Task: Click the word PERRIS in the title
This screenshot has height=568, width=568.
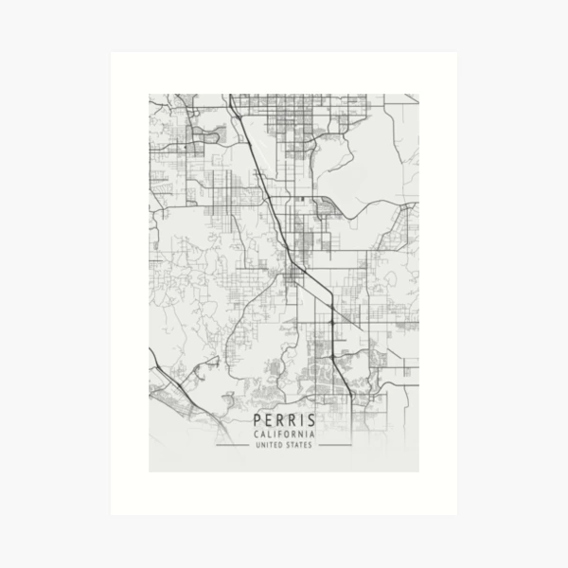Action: [284, 420]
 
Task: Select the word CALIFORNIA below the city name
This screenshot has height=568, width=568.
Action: [284, 435]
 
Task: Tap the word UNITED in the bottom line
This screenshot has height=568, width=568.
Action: [271, 445]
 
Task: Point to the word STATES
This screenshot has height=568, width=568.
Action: [299, 445]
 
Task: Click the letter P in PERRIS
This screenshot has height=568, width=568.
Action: [257, 420]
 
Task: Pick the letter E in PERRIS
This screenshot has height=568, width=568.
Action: [268, 420]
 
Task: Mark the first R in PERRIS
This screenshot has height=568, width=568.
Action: [279, 420]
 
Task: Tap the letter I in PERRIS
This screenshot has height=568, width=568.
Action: [301, 420]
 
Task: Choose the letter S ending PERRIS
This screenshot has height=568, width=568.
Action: [311, 420]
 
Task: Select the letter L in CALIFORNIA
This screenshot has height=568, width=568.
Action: [268, 435]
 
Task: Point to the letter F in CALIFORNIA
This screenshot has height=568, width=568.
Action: [280, 435]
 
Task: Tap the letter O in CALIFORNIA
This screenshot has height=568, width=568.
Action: [287, 435]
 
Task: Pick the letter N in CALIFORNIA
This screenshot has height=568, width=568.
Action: [300, 435]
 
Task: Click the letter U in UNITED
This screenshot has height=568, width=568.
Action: [259, 445]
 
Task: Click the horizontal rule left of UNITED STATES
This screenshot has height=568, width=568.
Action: [235, 445]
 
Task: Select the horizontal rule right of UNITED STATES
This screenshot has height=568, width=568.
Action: [333, 445]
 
